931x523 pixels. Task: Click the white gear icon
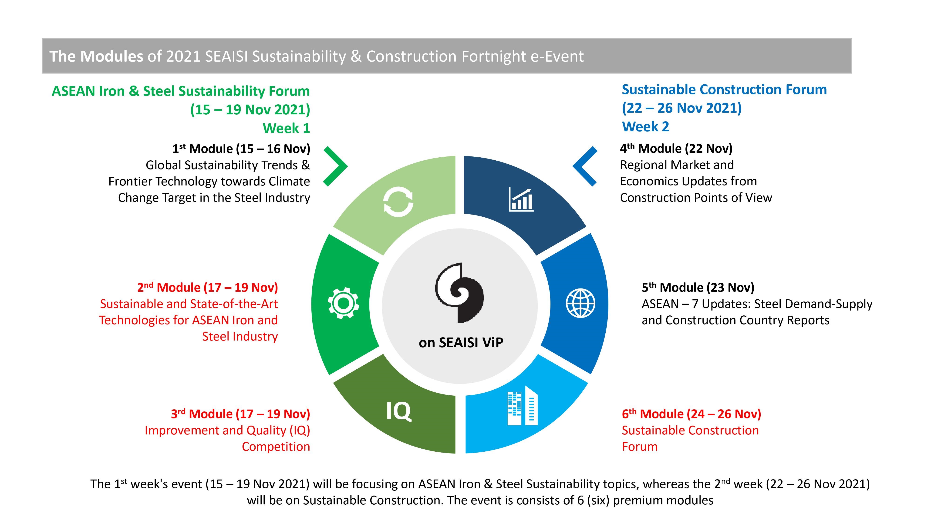pyautogui.click(x=343, y=303)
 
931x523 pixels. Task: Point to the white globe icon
pyautogui.click(x=580, y=303)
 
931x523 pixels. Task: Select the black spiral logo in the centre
pyautogui.click(x=459, y=292)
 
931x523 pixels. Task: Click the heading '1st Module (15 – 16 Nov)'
pyautogui.click(x=241, y=148)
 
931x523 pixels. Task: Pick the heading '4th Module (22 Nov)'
pyautogui.click(x=676, y=148)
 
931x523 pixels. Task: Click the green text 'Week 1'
pyautogui.click(x=286, y=128)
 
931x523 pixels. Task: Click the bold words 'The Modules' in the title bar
pyautogui.click(x=96, y=56)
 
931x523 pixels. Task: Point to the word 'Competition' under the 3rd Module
pyautogui.click(x=276, y=447)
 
